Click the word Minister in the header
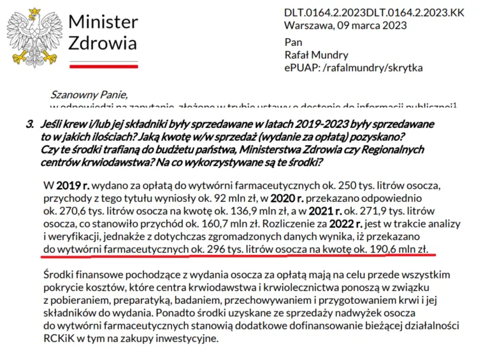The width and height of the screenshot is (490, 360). click(x=103, y=22)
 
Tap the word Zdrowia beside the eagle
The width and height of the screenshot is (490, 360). click(x=102, y=44)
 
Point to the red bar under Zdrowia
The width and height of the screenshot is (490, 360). click(x=103, y=65)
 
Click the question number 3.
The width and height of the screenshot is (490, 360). click(x=29, y=125)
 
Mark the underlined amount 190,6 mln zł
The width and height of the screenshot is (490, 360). click(x=403, y=247)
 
